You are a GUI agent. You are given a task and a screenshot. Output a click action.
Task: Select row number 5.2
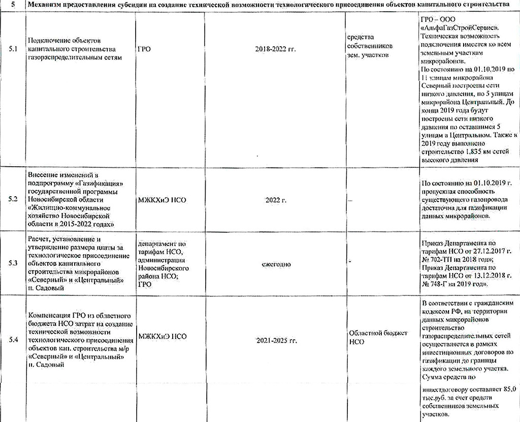pos(13,200)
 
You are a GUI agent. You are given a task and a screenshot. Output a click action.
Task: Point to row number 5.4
pos(13,340)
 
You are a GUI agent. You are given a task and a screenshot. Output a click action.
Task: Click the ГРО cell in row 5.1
pos(144,49)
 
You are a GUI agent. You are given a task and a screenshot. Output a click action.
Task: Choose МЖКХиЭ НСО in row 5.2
pos(162,200)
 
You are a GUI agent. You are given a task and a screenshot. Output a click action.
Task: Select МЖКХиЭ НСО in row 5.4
pos(162,337)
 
